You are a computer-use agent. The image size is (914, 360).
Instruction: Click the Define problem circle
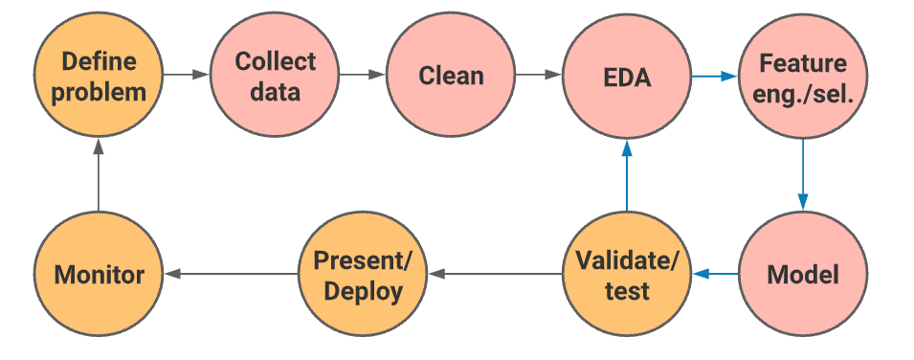click(99, 77)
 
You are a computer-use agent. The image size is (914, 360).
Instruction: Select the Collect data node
click(276, 77)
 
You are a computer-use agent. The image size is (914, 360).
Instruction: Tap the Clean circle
click(451, 77)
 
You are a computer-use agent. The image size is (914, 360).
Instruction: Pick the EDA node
click(627, 77)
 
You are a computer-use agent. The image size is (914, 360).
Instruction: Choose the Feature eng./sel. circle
click(802, 77)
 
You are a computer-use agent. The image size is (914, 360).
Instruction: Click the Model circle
click(802, 275)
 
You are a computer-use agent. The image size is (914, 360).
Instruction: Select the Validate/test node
click(627, 275)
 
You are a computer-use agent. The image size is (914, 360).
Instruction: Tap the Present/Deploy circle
click(364, 275)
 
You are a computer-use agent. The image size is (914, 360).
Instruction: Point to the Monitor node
click(99, 275)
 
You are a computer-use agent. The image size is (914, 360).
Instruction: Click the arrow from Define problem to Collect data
click(187, 74)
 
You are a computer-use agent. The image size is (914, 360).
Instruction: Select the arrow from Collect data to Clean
click(363, 74)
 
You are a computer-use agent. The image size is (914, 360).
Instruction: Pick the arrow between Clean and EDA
click(539, 74)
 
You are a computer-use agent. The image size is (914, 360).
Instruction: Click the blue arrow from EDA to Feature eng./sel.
click(714, 74)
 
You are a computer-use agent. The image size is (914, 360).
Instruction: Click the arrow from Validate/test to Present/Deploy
click(495, 275)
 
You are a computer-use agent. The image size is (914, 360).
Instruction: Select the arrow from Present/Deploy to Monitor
click(231, 275)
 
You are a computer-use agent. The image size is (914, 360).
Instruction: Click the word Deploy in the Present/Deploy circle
click(364, 291)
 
